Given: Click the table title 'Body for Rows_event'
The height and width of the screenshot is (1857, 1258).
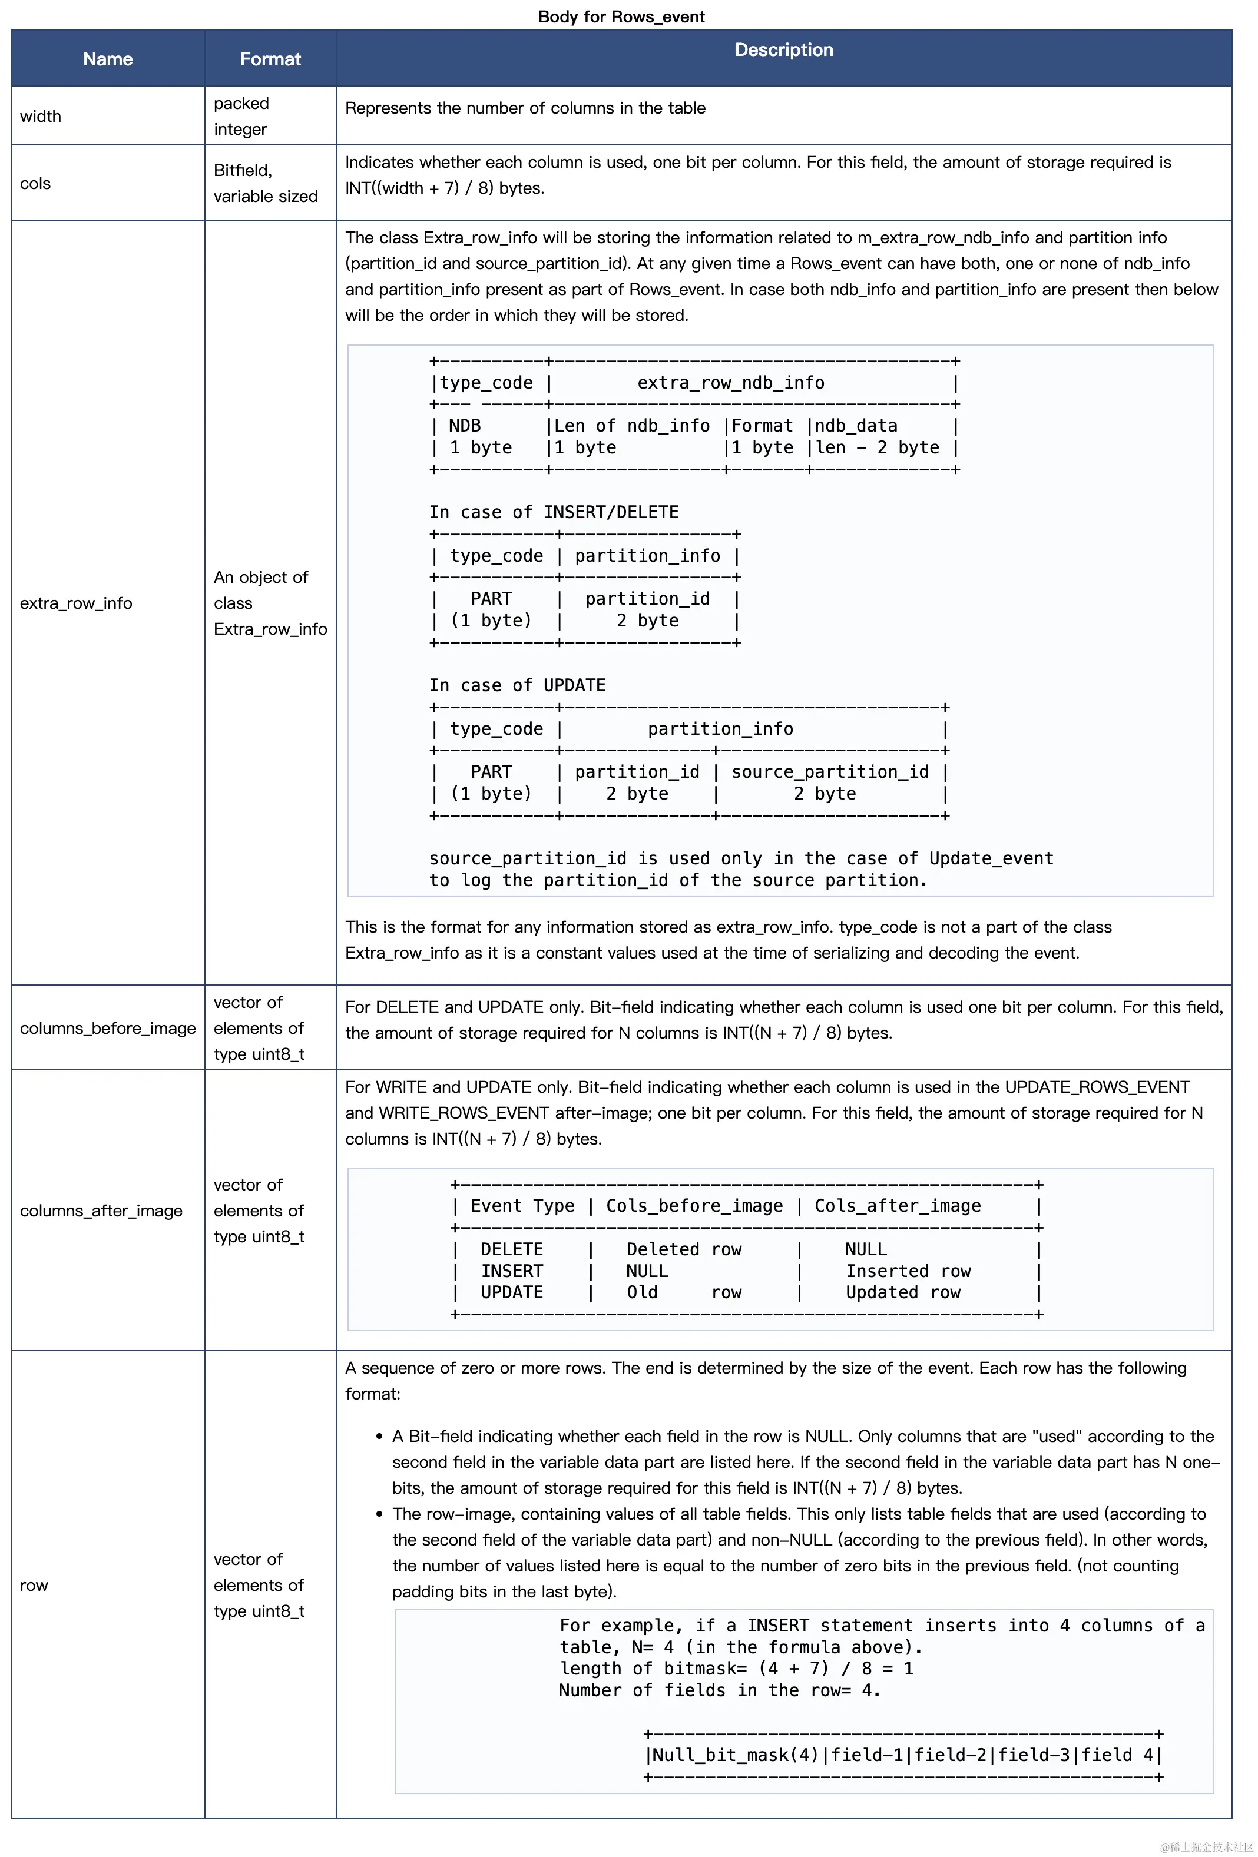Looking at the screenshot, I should tap(621, 16).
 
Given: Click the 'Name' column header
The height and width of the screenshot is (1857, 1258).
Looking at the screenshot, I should tap(108, 59).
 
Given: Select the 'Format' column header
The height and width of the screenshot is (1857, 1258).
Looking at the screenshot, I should tap(270, 59).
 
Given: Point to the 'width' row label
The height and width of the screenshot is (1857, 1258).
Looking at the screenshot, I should tap(41, 116).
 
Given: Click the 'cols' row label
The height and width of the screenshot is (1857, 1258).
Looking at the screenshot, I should tap(35, 183).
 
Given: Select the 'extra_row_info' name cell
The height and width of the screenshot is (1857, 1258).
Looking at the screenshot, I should tap(76, 603).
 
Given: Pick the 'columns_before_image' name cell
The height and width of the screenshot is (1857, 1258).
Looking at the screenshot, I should tap(108, 1029).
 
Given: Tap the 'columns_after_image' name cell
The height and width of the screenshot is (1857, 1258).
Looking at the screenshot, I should tap(101, 1211).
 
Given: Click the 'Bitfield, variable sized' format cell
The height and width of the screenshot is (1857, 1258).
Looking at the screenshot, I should tap(266, 183).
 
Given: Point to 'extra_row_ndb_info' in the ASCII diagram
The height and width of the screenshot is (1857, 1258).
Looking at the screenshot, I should tap(730, 383).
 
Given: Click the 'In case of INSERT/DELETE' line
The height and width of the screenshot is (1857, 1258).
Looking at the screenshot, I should tap(554, 512).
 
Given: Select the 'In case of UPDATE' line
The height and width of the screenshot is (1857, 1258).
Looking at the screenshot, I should tap(517, 685).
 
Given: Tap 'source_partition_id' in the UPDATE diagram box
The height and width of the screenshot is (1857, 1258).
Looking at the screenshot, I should tap(830, 772).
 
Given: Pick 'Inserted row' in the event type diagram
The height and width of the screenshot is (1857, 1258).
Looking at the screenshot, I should tap(908, 1271).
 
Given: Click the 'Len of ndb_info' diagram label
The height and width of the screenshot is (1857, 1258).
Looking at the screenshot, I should tap(631, 426).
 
